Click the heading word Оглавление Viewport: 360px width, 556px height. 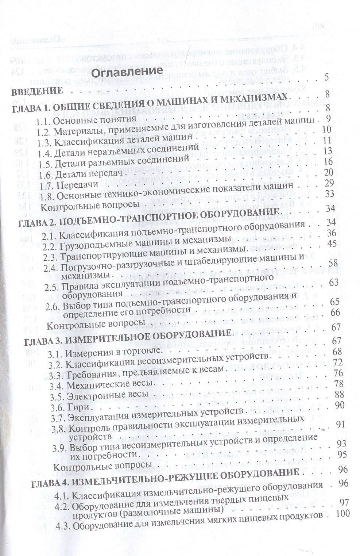point(120,71)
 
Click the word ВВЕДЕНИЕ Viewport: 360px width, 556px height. point(38,91)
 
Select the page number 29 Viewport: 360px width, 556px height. point(329,183)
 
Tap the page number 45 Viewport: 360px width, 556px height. point(332,243)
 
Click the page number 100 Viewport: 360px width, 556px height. point(342,513)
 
